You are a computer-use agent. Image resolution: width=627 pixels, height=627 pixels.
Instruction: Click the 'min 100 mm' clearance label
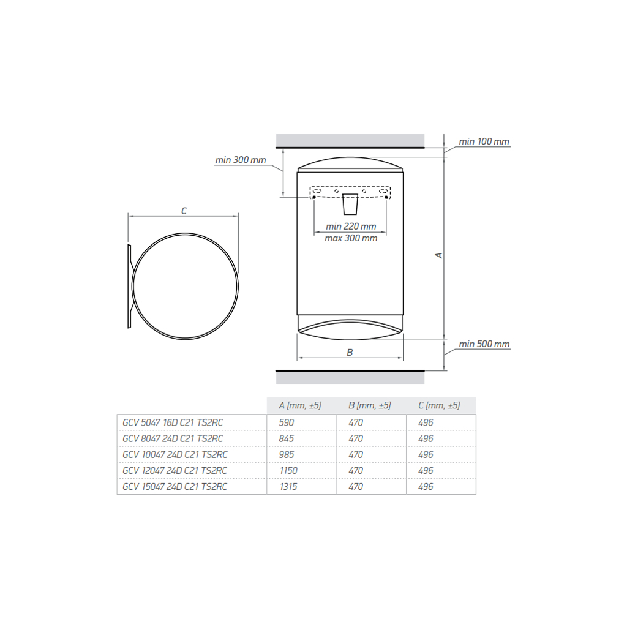coord(484,141)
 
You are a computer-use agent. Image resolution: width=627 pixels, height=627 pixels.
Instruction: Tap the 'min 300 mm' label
coord(240,160)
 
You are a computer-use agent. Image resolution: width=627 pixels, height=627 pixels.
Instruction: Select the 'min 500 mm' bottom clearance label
coord(484,344)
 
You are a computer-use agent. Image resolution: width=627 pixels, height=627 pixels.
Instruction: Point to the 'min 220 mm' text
coord(351,227)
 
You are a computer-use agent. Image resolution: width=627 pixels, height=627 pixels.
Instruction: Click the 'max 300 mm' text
coord(351,238)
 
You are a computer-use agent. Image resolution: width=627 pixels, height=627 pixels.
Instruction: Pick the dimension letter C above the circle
coord(184,211)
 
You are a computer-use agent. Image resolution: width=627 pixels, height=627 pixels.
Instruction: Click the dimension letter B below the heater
coord(350,352)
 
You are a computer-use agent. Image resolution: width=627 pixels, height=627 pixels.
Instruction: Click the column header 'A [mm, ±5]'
coord(300,405)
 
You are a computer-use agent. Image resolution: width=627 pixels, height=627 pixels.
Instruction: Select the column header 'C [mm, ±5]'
coord(439,405)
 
